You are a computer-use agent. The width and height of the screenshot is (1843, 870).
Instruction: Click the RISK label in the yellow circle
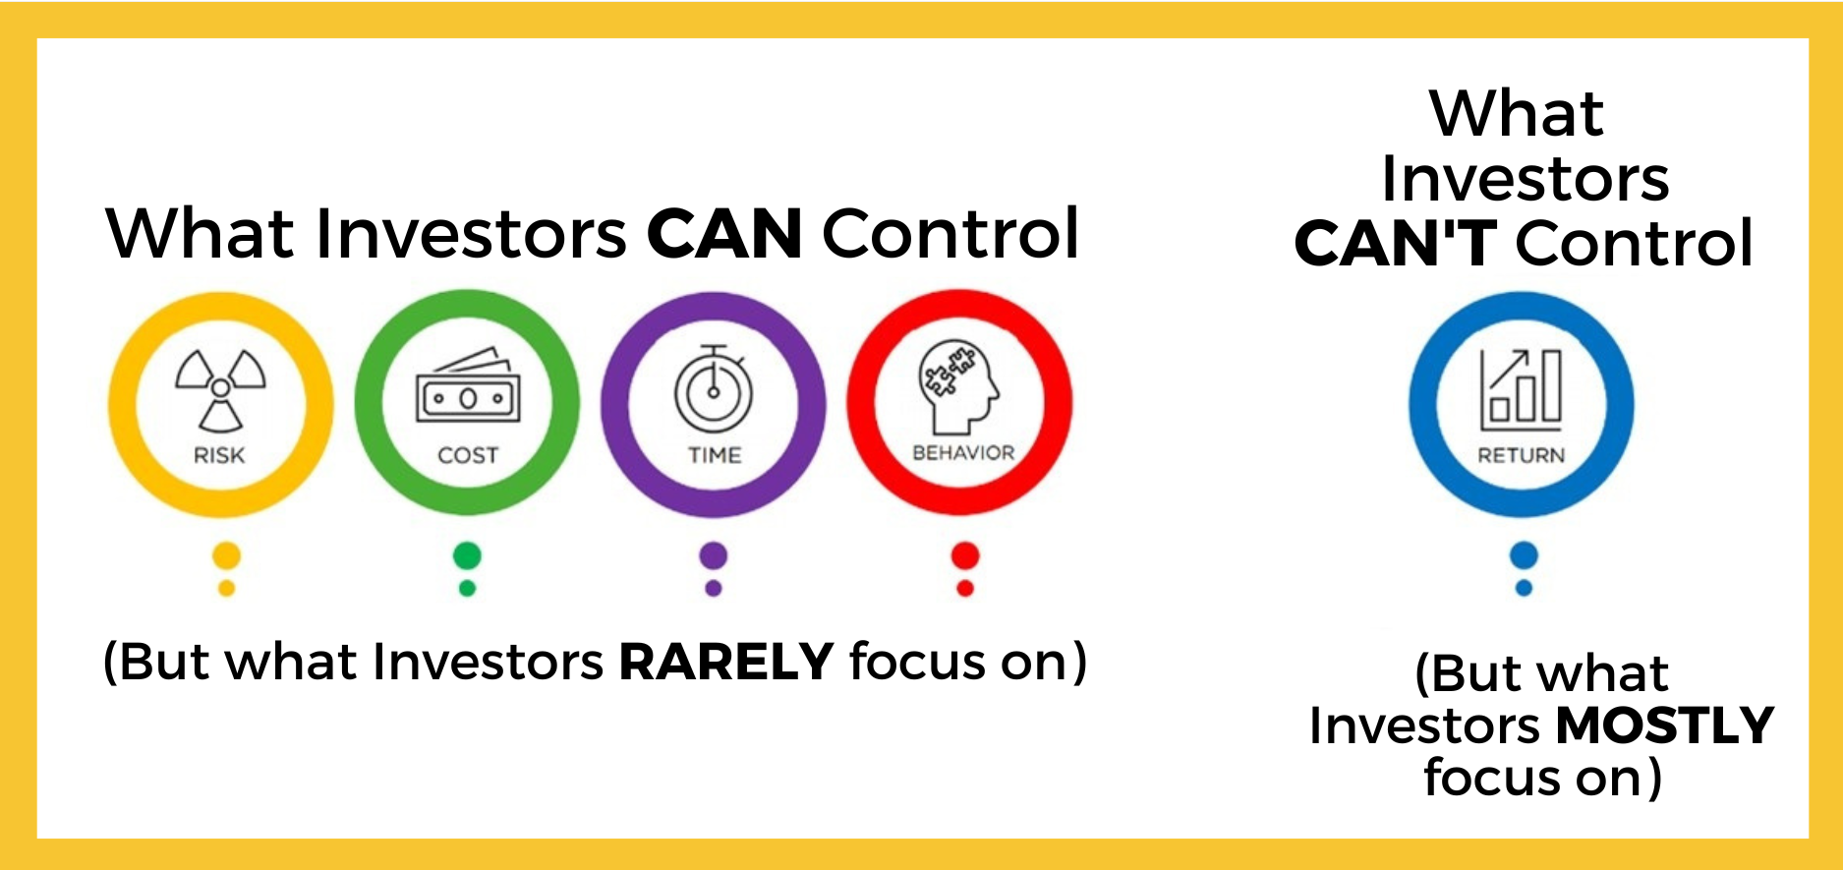pyautogui.click(x=219, y=455)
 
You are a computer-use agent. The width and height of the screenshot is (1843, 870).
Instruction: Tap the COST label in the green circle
pyautogui.click(x=468, y=455)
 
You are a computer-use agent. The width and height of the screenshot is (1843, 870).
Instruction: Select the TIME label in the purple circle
pyautogui.click(x=715, y=455)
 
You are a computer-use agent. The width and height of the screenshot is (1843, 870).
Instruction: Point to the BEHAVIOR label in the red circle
pyautogui.click(x=963, y=452)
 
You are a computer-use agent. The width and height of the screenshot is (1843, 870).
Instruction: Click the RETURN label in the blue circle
pyautogui.click(x=1522, y=455)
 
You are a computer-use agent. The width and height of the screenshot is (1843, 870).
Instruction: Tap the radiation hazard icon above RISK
pyautogui.click(x=220, y=389)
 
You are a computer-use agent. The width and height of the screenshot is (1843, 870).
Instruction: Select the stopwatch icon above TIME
pyautogui.click(x=715, y=388)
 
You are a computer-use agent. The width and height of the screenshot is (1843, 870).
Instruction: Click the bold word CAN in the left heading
pyautogui.click(x=724, y=234)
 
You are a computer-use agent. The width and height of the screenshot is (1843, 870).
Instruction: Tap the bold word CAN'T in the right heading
pyautogui.click(x=1396, y=243)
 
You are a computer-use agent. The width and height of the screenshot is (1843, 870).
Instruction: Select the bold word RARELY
pyautogui.click(x=726, y=661)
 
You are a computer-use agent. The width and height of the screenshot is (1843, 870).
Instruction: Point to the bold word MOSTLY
pyautogui.click(x=1665, y=725)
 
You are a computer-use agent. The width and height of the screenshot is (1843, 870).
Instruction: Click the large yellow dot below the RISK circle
pyautogui.click(x=226, y=555)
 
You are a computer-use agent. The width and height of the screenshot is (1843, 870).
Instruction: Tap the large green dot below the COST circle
pyautogui.click(x=467, y=555)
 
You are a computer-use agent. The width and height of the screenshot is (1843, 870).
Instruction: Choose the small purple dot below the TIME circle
pyautogui.click(x=714, y=588)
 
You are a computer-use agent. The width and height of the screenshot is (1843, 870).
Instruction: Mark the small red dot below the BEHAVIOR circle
pyautogui.click(x=965, y=588)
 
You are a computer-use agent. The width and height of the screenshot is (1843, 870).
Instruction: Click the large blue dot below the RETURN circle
pyautogui.click(x=1524, y=555)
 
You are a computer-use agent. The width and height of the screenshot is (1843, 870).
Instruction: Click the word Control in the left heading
pyautogui.click(x=950, y=234)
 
